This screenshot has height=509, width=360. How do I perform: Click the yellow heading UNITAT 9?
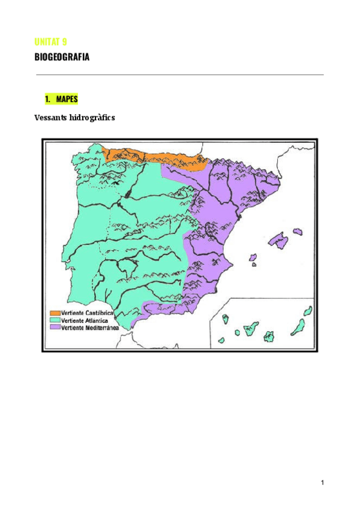(x=50, y=41)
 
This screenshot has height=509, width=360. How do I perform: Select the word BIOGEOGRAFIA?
(x=62, y=58)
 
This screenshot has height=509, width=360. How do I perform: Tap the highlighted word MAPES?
(x=67, y=98)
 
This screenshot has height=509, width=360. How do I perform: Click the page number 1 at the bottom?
(x=322, y=483)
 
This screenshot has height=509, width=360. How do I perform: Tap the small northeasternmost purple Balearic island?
(x=297, y=231)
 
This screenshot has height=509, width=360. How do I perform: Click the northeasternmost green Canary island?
(x=308, y=310)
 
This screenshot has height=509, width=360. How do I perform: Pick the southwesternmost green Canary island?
(x=221, y=340)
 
